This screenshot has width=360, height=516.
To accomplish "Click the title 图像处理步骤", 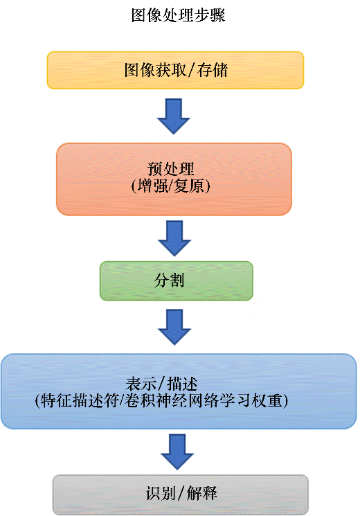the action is point(178,15).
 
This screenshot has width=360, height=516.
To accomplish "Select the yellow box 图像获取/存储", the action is point(175,70).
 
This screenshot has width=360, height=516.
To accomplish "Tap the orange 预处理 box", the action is point(174,179).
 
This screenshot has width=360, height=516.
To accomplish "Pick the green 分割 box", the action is point(177,281).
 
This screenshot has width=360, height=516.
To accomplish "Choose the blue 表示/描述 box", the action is point(179,391).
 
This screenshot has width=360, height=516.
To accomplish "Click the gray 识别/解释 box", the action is point(180,495).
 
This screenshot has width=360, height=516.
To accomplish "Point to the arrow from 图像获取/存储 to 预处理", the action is point(173,116).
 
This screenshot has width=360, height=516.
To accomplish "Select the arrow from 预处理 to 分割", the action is point(174,238).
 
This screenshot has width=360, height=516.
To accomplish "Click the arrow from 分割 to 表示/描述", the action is point(174,327).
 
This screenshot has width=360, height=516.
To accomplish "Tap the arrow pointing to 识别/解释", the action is point(177,452).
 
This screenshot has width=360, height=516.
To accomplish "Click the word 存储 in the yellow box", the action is point(213,71).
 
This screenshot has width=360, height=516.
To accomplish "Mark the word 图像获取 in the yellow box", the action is point(155,71).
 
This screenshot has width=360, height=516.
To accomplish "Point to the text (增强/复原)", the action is point(170,186).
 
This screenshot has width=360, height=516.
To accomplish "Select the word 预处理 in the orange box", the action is point(170,169).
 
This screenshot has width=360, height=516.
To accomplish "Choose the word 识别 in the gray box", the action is point(161,493).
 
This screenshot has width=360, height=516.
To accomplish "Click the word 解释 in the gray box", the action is point(201,493).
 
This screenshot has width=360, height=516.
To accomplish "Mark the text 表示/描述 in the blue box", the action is point(161,384).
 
